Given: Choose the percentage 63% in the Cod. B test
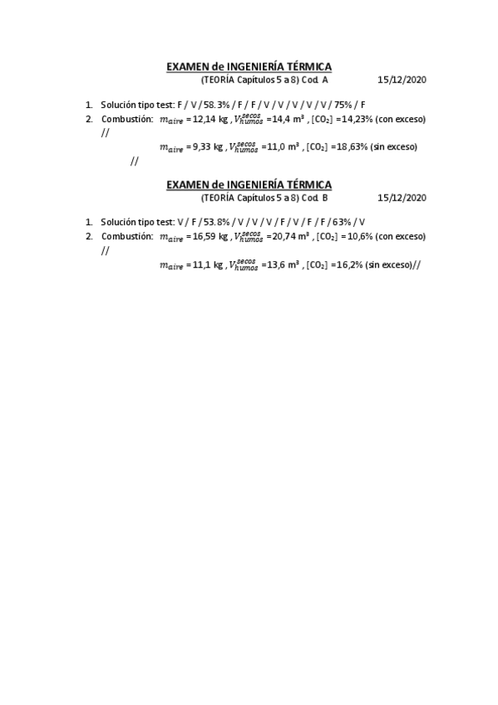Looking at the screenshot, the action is (342, 223).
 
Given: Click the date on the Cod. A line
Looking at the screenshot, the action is (402, 81).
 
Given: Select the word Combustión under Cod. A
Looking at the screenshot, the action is (127, 120).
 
